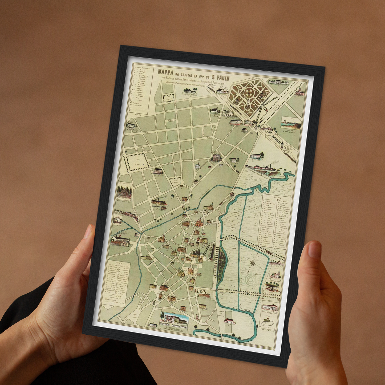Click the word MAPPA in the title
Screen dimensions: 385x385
click(x=164, y=71)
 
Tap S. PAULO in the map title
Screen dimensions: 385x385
click(x=219, y=78)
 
